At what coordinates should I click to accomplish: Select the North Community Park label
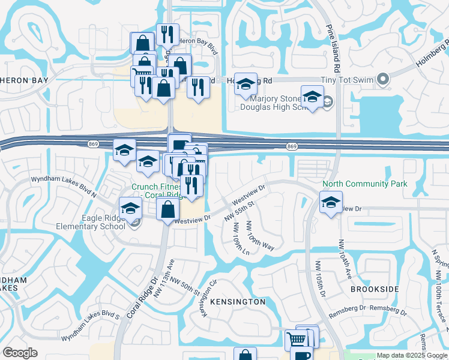point(365,184)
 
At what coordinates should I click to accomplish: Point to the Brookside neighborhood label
point(375,289)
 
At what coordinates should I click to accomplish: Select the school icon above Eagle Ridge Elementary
point(130,208)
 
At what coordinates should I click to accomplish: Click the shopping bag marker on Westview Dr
point(168,209)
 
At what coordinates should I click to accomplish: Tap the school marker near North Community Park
point(330,202)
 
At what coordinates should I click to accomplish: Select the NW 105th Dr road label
point(319,279)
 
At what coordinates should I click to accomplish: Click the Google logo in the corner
point(20,352)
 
